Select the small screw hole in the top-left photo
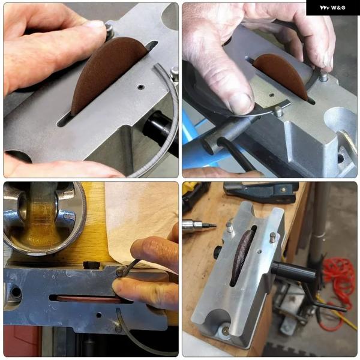[x=140, y=87]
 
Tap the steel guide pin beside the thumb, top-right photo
[x=279, y=111]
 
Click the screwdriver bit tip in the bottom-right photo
[x=213, y=225]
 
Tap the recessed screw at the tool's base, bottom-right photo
[x=226, y=330]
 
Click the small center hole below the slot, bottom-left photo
[x=99, y=315]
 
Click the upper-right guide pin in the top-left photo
[x=175, y=73]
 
